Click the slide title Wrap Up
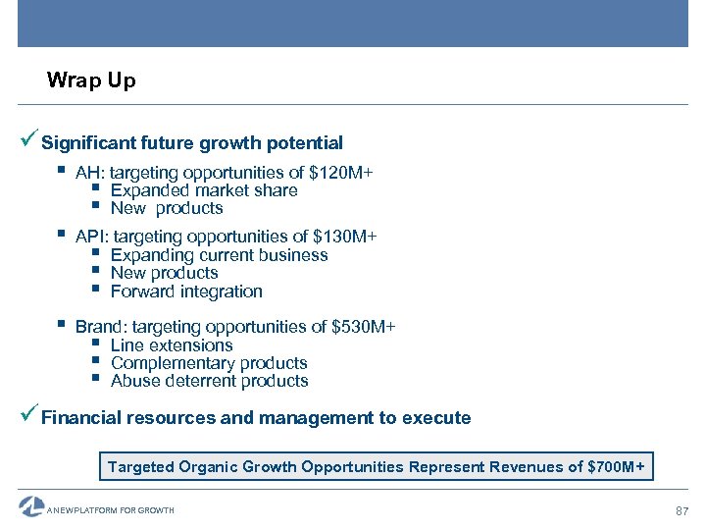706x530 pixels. [91, 80]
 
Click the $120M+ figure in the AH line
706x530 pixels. [340, 173]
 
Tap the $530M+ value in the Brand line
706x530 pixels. [363, 327]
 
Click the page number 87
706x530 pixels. [682, 511]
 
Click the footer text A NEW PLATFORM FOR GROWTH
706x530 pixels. [111, 510]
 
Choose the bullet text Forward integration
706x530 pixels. [186, 291]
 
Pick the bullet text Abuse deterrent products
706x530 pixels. [209, 381]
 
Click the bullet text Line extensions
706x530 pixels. [172, 345]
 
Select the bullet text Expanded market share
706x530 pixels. [204, 190]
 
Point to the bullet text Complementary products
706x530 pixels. [209, 363]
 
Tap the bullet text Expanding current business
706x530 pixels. [219, 255]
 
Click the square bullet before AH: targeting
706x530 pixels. [61, 172]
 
